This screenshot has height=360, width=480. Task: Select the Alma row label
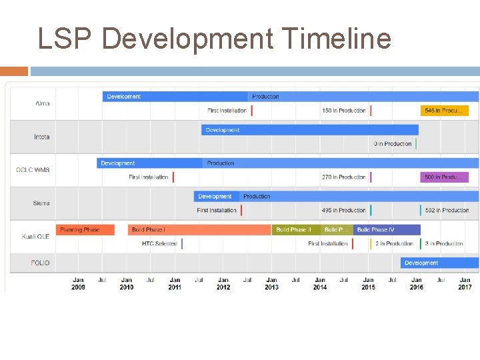(x=42, y=104)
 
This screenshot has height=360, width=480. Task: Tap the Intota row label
(x=41, y=137)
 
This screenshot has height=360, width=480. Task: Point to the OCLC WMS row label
(x=33, y=170)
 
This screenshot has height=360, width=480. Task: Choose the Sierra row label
(x=41, y=203)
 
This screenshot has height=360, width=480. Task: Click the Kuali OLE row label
(x=35, y=237)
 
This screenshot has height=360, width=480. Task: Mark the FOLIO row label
(x=40, y=263)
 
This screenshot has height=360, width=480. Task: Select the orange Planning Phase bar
(x=85, y=230)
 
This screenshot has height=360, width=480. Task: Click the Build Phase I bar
(x=199, y=230)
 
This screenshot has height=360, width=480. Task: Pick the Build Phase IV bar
(x=387, y=230)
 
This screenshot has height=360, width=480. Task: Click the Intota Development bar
(x=310, y=130)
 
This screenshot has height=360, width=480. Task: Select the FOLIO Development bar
(x=439, y=263)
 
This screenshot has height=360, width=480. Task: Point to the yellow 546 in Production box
(x=444, y=111)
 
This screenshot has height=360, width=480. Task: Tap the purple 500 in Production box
(x=444, y=177)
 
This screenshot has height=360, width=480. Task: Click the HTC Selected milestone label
(x=159, y=244)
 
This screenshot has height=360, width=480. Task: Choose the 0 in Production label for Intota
(x=393, y=144)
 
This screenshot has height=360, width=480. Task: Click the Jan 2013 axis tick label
(x=271, y=283)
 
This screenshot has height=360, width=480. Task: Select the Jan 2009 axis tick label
(x=78, y=283)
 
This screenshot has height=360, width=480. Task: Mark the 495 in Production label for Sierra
(x=343, y=211)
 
